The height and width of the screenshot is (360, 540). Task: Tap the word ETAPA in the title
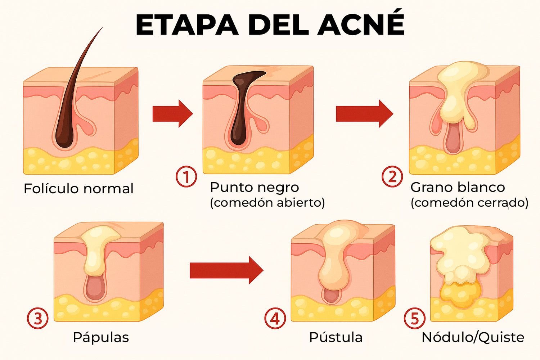click(x=187, y=25)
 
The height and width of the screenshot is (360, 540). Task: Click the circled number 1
click(x=186, y=176)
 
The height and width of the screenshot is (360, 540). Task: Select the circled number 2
click(x=392, y=176)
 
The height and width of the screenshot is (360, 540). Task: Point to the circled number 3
click(x=37, y=318)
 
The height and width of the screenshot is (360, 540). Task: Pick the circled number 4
click(x=275, y=318)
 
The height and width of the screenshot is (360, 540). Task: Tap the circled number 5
click(x=415, y=318)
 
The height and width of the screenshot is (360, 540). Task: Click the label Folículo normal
click(x=78, y=188)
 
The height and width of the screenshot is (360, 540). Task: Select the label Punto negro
click(x=255, y=188)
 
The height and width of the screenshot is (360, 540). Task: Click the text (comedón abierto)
click(x=267, y=203)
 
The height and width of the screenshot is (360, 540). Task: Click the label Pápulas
click(x=101, y=337)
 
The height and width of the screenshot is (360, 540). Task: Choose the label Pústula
click(x=336, y=337)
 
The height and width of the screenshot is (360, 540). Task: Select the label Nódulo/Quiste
click(x=473, y=337)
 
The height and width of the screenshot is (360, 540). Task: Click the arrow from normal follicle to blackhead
click(x=172, y=113)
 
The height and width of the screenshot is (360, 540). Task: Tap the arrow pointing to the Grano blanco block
click(x=364, y=113)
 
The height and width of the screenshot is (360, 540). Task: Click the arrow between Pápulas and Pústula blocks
click(x=226, y=270)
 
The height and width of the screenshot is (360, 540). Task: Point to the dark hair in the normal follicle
click(x=70, y=101)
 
